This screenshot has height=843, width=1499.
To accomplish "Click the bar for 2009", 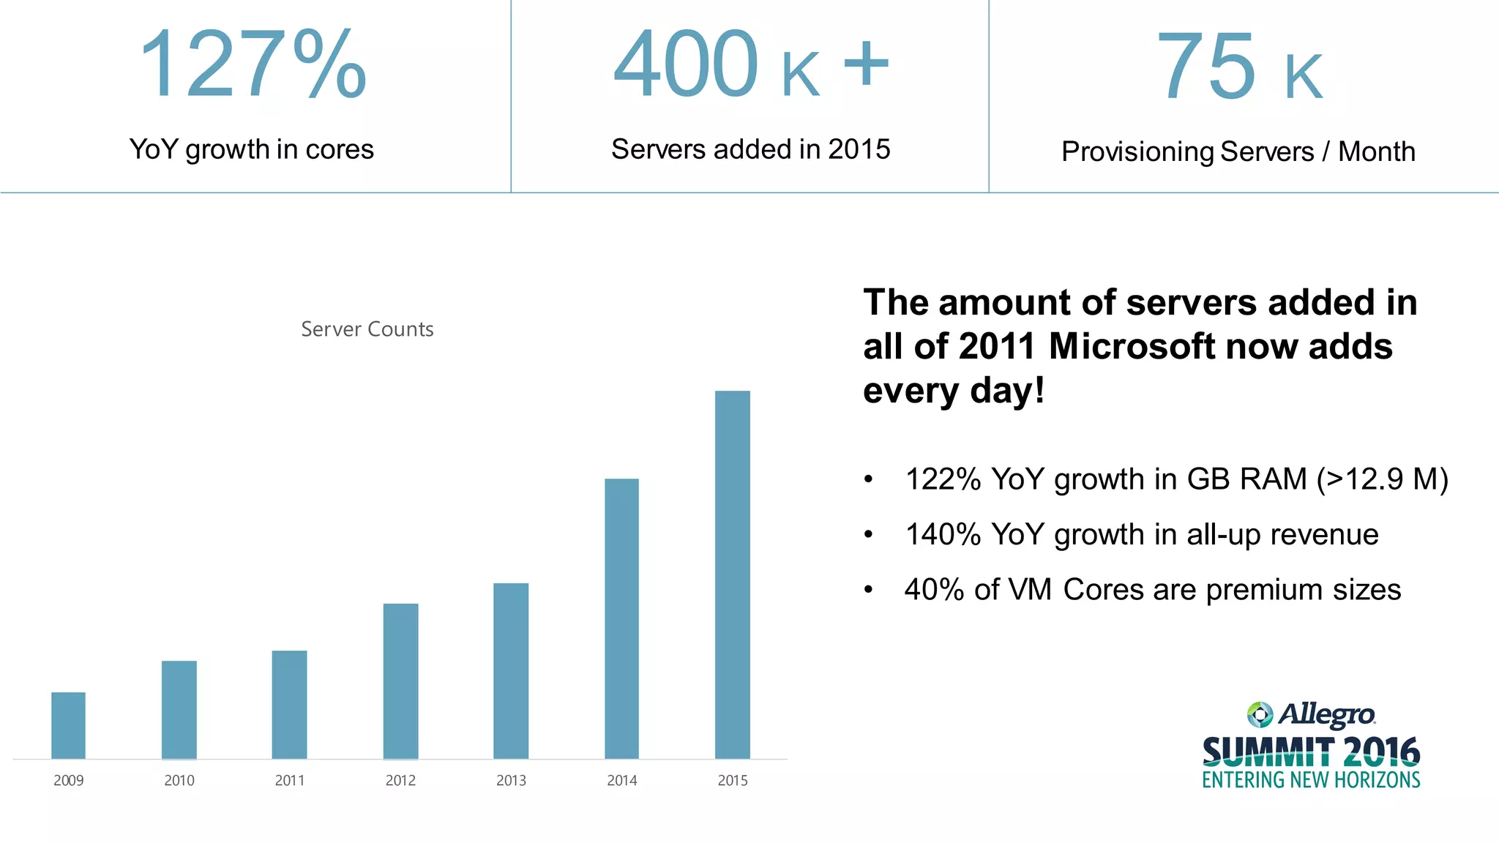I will (x=68, y=725).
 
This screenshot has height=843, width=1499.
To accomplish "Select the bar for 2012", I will (x=400, y=681).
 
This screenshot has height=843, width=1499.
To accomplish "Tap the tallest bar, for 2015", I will (x=732, y=574).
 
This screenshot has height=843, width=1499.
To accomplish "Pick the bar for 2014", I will (x=621, y=618).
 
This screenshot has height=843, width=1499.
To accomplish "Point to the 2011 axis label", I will (x=290, y=781).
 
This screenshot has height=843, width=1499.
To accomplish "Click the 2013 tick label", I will (x=511, y=781).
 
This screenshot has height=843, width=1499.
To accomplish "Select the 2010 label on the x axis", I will (x=179, y=781).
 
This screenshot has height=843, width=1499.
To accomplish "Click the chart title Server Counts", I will (x=367, y=329).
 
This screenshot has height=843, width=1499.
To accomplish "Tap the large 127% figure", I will (x=252, y=64).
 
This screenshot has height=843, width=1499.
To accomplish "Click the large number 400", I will (x=685, y=64).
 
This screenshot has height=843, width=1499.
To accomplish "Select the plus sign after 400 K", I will (x=866, y=64).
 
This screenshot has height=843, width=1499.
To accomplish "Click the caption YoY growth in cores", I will (x=251, y=149).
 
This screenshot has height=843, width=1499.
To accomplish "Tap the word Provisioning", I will (x=1137, y=152).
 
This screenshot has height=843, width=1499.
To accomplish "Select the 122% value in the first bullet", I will (x=942, y=479).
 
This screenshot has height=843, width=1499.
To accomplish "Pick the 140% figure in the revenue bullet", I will (x=942, y=534).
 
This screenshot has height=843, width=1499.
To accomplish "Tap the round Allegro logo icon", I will (x=1260, y=714).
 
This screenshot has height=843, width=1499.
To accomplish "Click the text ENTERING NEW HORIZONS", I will (x=1310, y=780).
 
